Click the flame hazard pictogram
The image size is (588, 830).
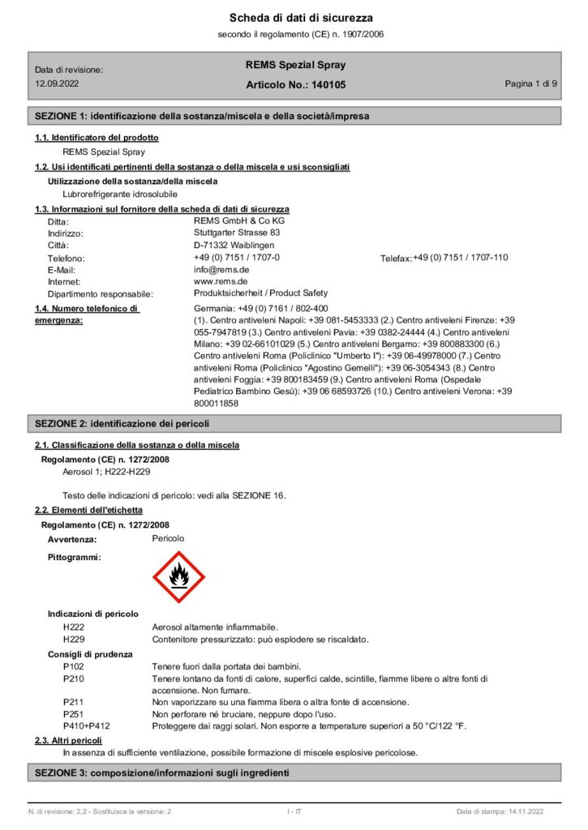[178, 577]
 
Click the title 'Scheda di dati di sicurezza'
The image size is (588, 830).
[290, 18]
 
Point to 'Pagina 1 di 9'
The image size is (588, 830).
[530, 84]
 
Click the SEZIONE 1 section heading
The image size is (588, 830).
[201, 116]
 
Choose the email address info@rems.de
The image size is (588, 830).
[221, 269]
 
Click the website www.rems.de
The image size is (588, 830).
[221, 281]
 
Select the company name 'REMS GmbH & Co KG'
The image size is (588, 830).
[239, 220]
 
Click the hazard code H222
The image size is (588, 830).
[73, 627]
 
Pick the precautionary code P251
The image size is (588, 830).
[73, 713]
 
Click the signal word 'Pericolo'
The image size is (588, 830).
[169, 538]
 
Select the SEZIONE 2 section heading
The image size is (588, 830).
[122, 423]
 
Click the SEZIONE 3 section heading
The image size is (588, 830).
[161, 773]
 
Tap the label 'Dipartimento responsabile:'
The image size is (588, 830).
[101, 293]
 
